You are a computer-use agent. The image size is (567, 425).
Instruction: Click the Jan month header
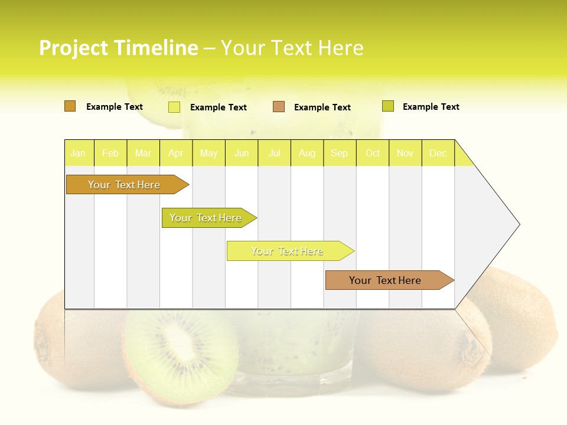click(78, 153)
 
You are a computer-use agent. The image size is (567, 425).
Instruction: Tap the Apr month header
click(176, 153)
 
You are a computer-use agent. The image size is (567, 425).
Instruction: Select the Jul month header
click(275, 153)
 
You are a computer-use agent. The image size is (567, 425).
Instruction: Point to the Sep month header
click(340, 153)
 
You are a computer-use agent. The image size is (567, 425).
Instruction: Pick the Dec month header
click(438, 153)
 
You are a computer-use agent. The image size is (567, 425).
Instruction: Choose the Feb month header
click(110, 153)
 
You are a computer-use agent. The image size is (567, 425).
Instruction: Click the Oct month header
click(373, 153)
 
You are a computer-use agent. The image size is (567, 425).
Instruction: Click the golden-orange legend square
click(70, 106)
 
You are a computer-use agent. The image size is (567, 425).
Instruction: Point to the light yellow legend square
click(174, 107)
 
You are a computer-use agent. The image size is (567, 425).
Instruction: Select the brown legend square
click(279, 107)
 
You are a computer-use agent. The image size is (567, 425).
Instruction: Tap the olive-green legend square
click(387, 106)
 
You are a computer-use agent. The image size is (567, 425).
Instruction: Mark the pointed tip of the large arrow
click(519, 224)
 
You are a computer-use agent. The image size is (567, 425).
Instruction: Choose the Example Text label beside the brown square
click(322, 107)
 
